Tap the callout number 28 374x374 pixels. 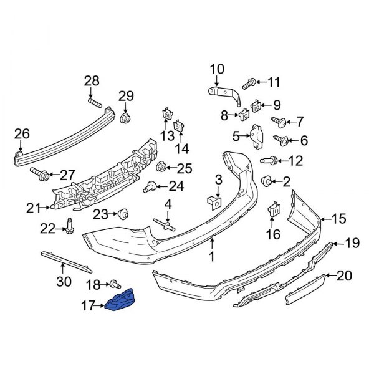(92, 80)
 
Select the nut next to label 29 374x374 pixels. (125, 117)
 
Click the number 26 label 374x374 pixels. (22, 133)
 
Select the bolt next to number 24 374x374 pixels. (150, 186)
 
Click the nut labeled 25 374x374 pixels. (161, 166)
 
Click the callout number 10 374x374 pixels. (216, 69)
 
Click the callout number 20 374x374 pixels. (344, 274)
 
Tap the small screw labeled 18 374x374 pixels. (115, 284)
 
